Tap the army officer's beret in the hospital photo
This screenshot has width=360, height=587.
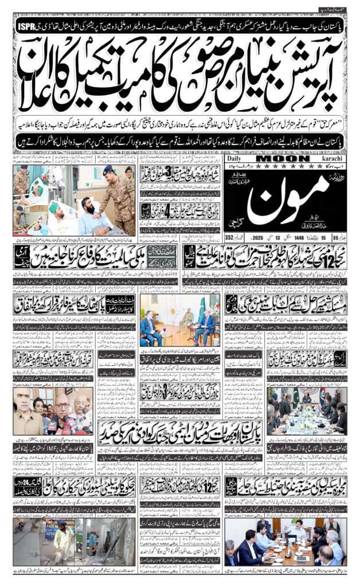tap(108, 170)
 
